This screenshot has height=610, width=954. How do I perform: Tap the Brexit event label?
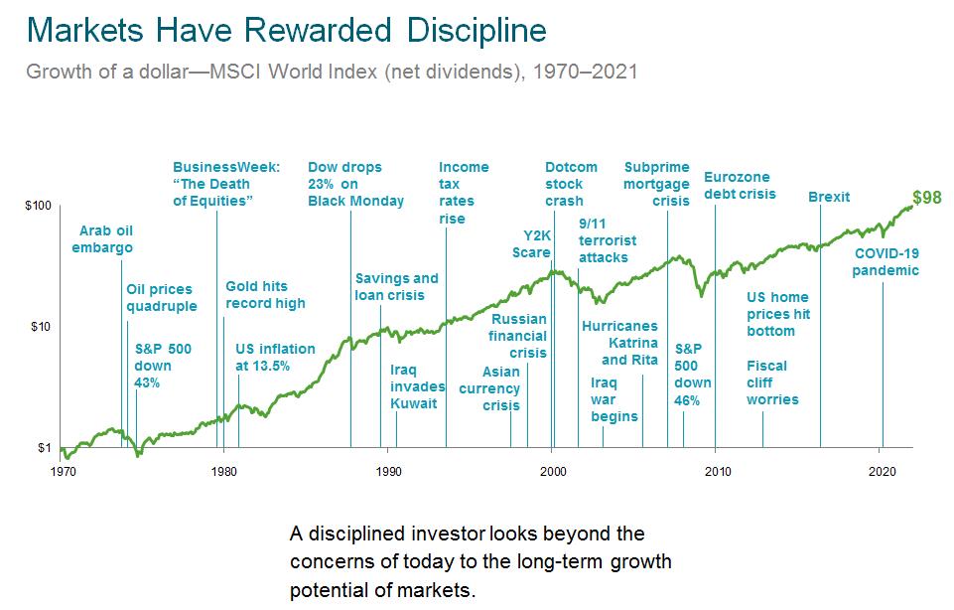pos(829,197)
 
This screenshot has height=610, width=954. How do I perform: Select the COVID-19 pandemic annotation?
pos(886,261)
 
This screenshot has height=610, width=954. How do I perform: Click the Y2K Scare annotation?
pos(531,242)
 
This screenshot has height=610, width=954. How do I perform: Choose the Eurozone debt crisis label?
pos(740,185)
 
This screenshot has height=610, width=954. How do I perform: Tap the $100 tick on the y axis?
pos(37,207)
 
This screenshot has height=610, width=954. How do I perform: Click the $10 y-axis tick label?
pos(39,327)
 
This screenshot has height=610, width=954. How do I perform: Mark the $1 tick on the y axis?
pos(44,448)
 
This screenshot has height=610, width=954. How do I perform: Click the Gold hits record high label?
pos(265,294)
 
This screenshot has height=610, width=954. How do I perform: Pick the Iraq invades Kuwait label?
pos(413,385)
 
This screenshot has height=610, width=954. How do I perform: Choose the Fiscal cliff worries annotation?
pos(772,382)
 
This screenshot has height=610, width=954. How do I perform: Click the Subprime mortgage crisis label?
pos(656,184)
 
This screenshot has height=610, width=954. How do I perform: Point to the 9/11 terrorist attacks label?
pos(608,240)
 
